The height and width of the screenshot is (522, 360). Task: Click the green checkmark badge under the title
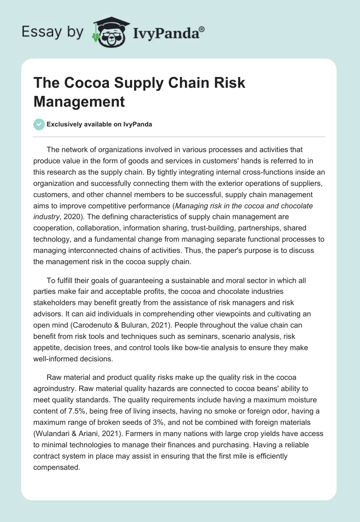tap(39, 124)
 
